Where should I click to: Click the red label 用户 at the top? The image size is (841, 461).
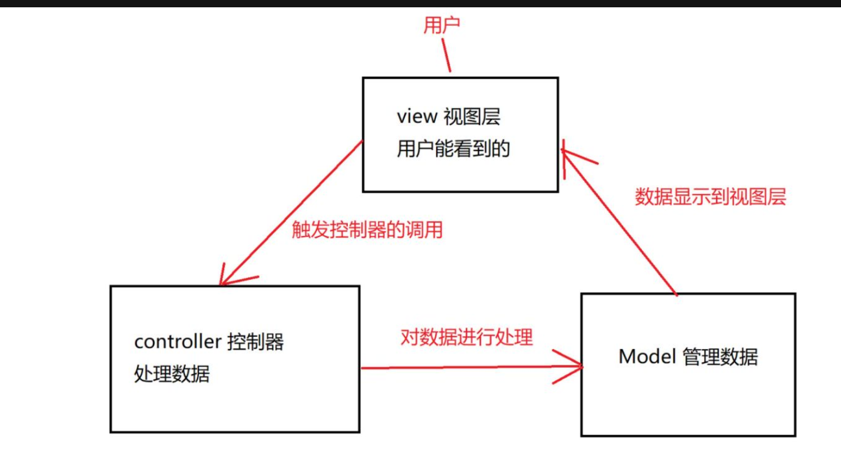[x=441, y=25]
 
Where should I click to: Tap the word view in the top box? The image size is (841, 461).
[x=417, y=116]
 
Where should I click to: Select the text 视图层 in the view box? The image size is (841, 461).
[x=472, y=117]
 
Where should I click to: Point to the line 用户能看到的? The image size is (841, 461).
[x=453, y=149]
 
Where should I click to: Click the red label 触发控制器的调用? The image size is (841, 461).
[x=367, y=229]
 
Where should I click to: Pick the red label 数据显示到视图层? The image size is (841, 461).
[x=710, y=197]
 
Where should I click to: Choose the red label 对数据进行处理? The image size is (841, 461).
[x=466, y=337]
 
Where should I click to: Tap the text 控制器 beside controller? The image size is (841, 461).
[x=256, y=342]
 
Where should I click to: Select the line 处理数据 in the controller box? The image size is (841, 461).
[x=172, y=374]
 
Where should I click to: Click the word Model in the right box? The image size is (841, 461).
[x=647, y=356]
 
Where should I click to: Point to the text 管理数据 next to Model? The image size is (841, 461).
[x=721, y=357]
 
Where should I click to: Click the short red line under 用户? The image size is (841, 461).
[x=446, y=55]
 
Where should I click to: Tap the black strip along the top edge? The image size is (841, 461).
[x=420, y=3]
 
